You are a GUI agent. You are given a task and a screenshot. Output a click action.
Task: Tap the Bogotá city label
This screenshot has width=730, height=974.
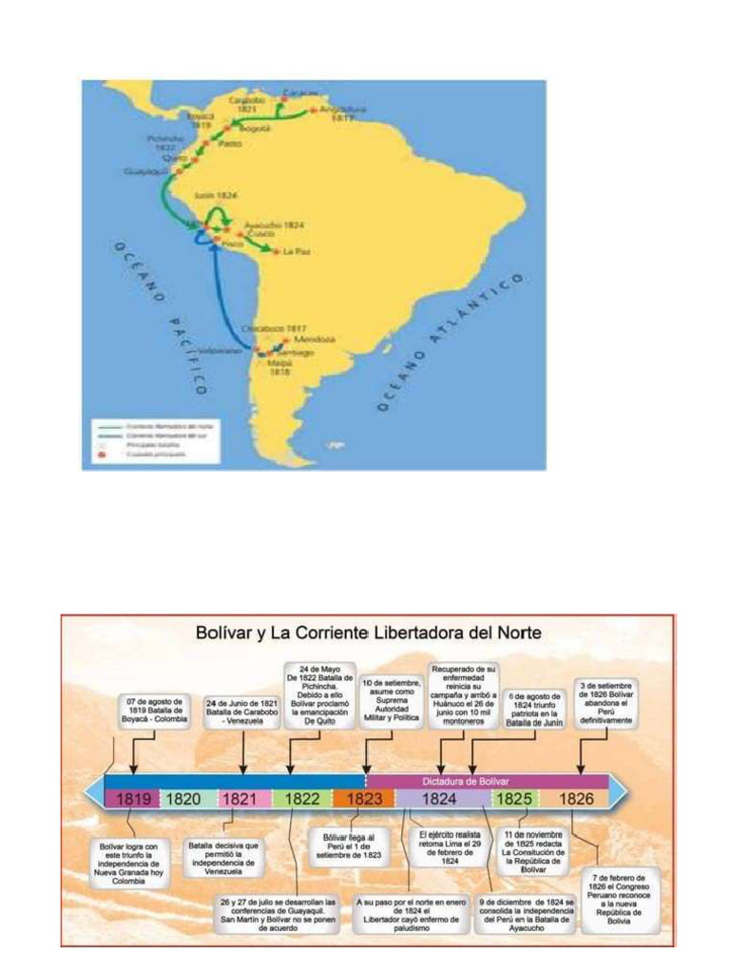point(257,127)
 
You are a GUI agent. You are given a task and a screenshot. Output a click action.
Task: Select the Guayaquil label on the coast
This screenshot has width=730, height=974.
point(145,172)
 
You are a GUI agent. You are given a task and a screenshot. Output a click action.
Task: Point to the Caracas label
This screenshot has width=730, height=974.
point(300,93)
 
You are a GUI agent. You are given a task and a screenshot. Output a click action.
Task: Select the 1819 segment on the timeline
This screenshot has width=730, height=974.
point(132,799)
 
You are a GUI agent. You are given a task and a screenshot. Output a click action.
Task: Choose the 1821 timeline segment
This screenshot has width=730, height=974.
point(241,799)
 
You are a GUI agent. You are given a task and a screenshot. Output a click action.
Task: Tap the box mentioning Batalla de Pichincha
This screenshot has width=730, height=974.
point(319,695)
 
